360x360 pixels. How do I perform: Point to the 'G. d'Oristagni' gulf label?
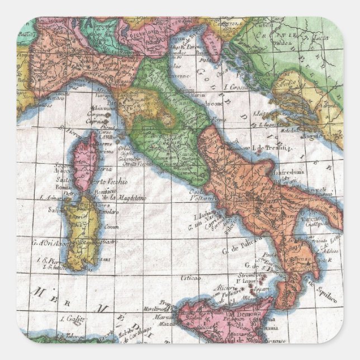coord(49,242)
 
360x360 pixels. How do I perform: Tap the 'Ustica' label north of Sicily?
coord(190,277)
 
